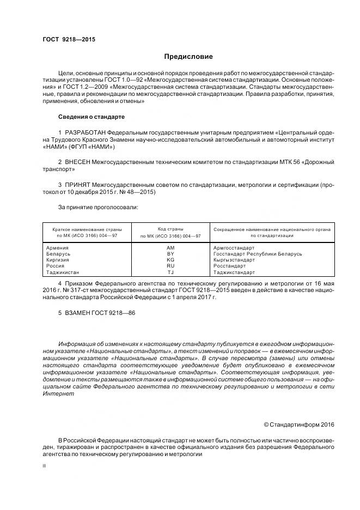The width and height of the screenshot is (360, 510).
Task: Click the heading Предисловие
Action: [188, 57]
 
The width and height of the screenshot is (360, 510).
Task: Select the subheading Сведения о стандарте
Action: [91, 117]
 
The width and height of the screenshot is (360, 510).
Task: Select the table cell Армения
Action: [58, 248]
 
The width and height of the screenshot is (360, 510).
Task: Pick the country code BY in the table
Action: [170, 254]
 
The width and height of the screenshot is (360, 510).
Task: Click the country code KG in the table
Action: [170, 260]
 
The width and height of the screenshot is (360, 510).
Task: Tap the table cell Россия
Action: [56, 266]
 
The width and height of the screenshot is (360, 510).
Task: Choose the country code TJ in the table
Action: [170, 272]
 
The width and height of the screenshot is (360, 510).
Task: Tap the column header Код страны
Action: [170, 229]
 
